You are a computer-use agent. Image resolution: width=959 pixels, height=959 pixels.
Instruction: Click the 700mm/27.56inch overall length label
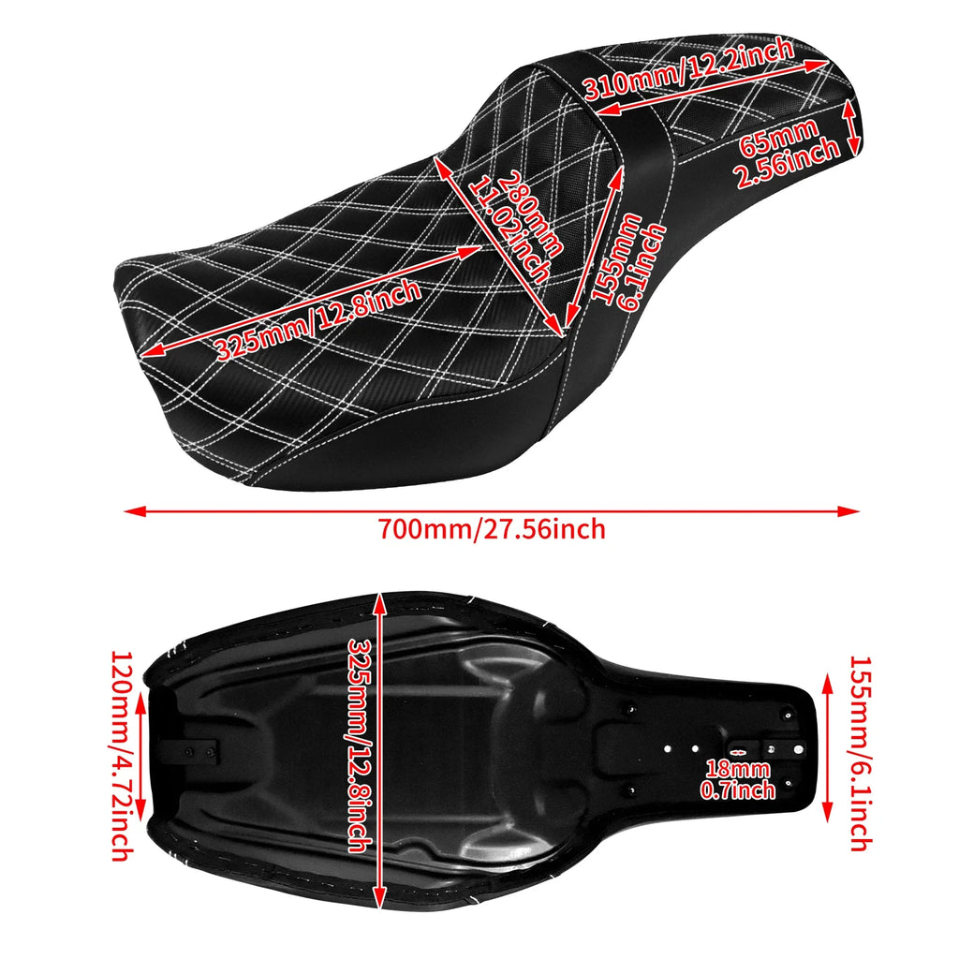tap(492, 529)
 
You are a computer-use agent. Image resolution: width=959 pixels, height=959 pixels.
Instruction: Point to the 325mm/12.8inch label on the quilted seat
tap(317, 321)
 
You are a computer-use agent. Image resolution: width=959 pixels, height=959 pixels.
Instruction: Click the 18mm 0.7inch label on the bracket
tap(739, 779)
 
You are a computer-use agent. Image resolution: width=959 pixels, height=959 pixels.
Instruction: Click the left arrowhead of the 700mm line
tap(129, 511)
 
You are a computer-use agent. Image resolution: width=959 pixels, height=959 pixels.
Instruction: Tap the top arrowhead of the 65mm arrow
tap(851, 106)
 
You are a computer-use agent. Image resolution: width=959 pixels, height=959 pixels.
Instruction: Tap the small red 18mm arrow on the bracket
tap(738, 752)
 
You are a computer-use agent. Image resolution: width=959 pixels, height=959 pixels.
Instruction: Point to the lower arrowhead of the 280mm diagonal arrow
tap(561, 333)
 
